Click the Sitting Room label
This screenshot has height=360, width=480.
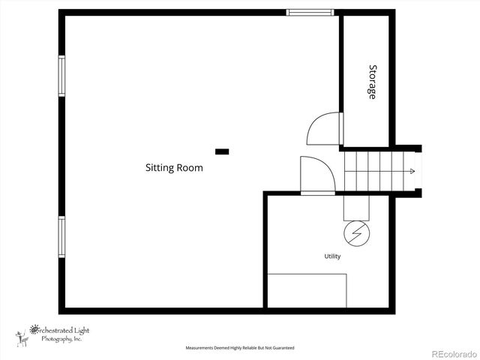174,168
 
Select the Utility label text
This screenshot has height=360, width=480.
332,256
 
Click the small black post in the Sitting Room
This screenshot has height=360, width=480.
222,151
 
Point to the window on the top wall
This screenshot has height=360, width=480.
310,12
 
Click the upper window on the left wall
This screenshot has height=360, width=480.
61,76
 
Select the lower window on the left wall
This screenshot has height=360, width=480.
61,236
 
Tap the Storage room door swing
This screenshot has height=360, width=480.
325,130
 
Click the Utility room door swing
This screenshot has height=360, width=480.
316,175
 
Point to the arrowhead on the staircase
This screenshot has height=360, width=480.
411,172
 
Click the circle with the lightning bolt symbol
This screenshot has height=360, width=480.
356,233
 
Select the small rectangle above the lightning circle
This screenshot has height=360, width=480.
356,207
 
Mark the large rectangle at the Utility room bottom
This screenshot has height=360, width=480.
307,291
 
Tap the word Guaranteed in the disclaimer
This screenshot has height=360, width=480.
282,348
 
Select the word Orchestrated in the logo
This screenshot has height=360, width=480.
52,328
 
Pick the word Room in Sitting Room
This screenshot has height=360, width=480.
190,168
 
